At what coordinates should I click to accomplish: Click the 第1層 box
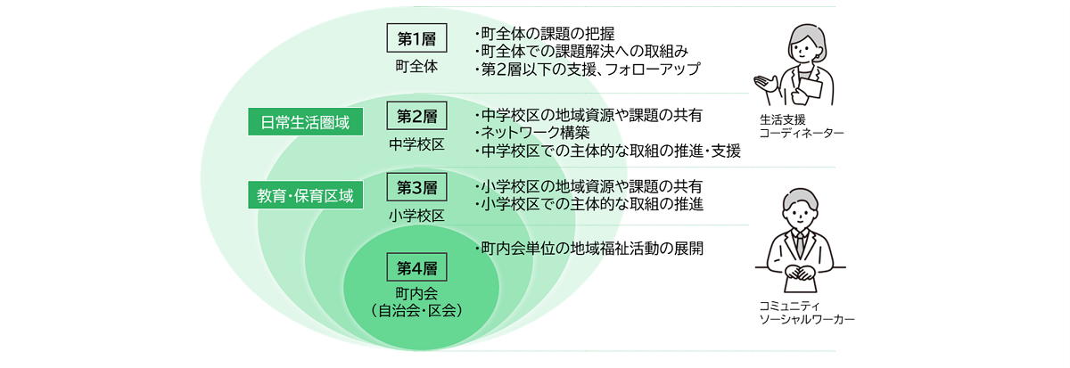click(x=416, y=38)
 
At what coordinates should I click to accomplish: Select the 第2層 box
click(x=416, y=116)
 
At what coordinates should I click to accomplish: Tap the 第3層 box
click(x=416, y=188)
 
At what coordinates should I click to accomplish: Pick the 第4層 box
click(x=416, y=266)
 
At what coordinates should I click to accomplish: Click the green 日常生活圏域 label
click(x=306, y=122)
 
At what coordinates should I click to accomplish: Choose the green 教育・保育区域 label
click(x=306, y=195)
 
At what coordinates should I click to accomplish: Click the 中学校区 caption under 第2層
click(x=416, y=143)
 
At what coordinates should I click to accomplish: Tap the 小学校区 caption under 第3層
click(x=416, y=216)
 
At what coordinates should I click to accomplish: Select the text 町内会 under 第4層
click(x=416, y=293)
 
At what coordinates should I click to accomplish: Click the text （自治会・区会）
click(x=416, y=311)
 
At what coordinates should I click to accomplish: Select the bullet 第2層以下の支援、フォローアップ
click(x=588, y=69)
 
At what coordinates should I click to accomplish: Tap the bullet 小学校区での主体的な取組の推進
click(x=589, y=204)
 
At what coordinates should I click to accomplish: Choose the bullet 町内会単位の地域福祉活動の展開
click(x=589, y=249)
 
